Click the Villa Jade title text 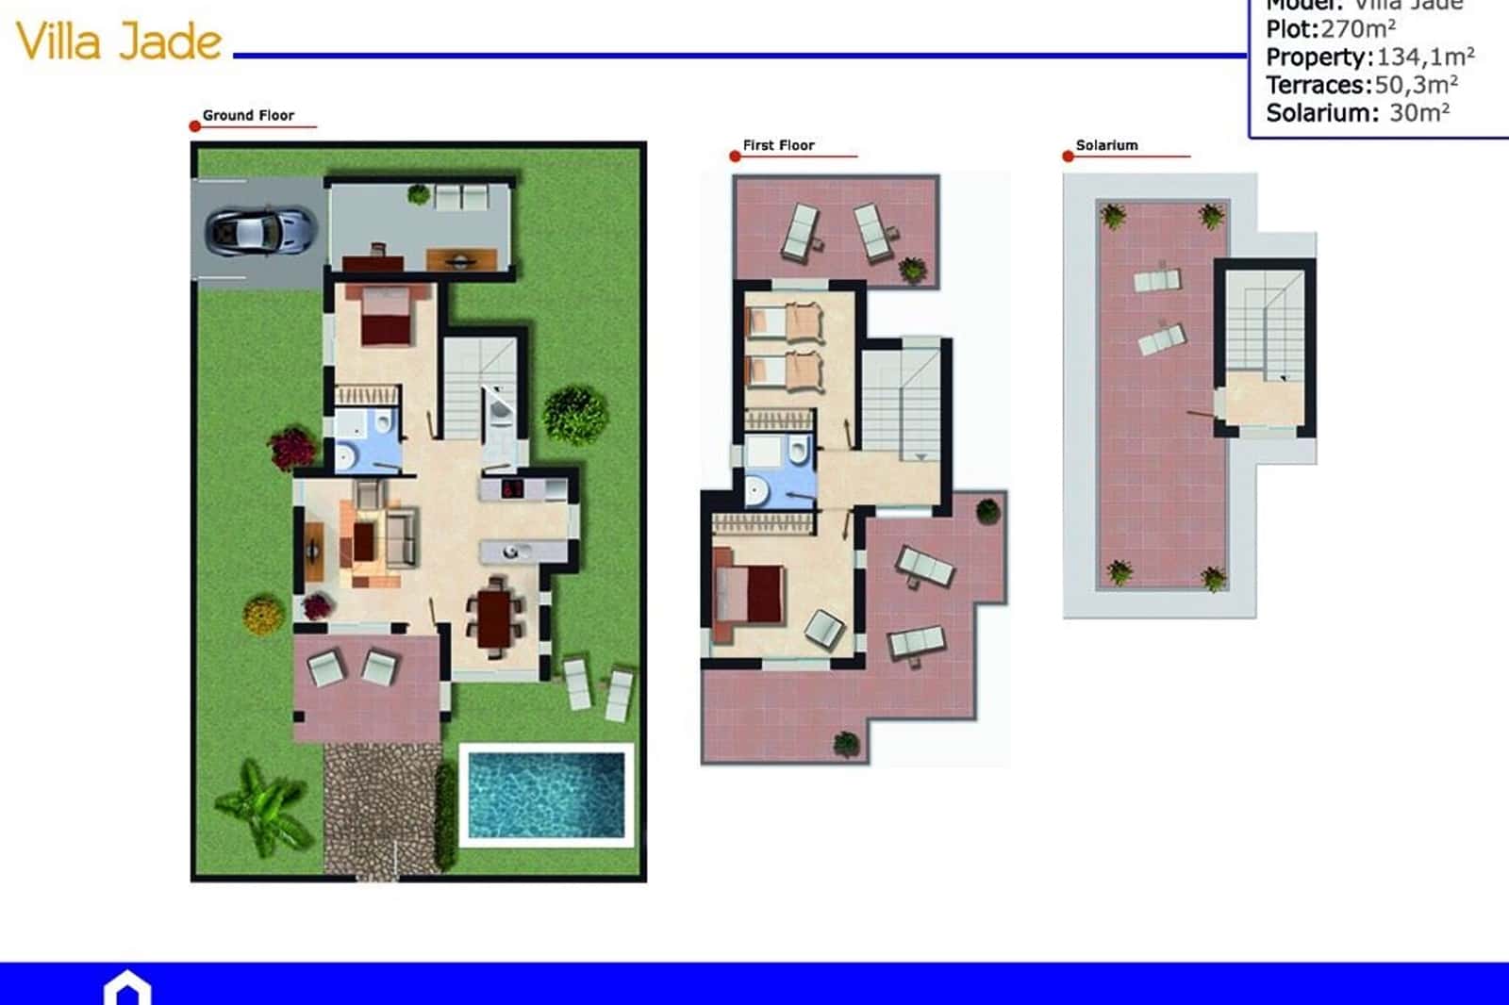119,41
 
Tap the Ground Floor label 248,115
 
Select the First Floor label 778,145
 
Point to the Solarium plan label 1106,145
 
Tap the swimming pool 546,793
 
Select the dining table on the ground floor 493,618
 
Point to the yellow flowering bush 263,615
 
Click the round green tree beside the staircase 574,414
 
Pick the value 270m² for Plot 1358,29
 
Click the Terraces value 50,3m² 1416,85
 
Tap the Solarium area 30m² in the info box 1419,113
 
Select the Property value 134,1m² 1425,58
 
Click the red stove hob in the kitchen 512,488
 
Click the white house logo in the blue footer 127,989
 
